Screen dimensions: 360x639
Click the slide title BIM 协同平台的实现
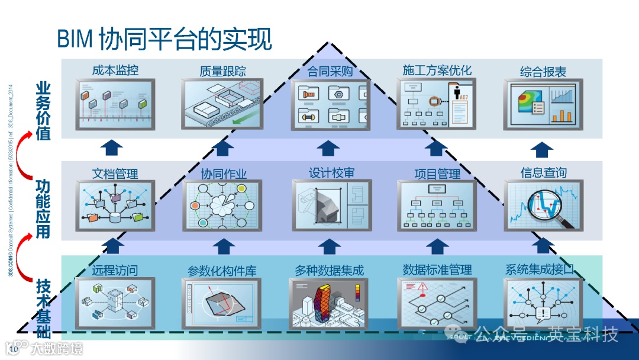[x=164, y=39]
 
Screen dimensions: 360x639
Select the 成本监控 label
[x=115, y=70]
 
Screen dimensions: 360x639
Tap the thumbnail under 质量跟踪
[x=222, y=104]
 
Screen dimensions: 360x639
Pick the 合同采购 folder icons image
[x=330, y=104]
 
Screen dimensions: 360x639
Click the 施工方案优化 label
[x=437, y=70]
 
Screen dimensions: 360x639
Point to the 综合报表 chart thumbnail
[x=543, y=104]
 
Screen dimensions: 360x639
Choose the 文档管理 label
[x=115, y=174]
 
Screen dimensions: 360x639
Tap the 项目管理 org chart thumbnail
[x=437, y=206]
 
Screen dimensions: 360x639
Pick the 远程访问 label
[x=115, y=271]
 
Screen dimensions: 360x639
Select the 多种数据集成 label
[x=329, y=271]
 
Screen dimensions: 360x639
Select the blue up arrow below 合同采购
[x=328, y=147]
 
